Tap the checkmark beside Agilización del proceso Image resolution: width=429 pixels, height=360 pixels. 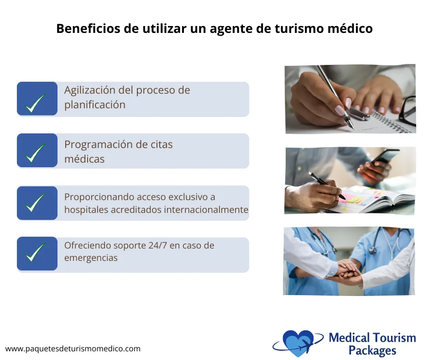[x=36, y=103]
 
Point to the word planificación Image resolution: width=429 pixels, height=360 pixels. [x=94, y=105]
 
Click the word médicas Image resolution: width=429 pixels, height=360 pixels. [x=84, y=159]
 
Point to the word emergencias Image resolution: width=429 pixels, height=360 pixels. [x=91, y=258]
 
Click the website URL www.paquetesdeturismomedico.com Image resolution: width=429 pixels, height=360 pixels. [x=73, y=349]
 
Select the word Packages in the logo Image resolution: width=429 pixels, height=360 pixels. [x=372, y=351]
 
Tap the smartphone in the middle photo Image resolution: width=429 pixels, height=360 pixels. [x=383, y=158]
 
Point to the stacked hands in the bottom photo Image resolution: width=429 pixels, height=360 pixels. [x=349, y=272]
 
